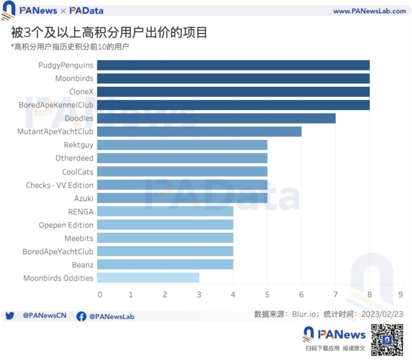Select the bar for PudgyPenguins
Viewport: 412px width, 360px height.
[233, 65]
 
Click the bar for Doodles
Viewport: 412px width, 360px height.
[216, 119]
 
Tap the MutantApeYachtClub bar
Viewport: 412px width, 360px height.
[199, 132]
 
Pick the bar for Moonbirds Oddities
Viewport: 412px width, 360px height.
[148, 278]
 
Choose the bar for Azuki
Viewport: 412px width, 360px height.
[182, 198]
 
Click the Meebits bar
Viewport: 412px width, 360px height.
[165, 238]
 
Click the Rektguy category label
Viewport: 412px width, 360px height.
[79, 145]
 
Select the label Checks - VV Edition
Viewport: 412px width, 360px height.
[59, 185]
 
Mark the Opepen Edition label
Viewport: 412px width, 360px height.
[66, 225]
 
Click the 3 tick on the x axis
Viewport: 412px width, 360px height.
[199, 295]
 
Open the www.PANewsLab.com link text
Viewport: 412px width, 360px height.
[369, 11]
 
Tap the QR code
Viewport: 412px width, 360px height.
[388, 340]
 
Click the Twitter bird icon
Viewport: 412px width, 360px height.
[9, 317]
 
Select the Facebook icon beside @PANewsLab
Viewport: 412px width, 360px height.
[81, 317]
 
